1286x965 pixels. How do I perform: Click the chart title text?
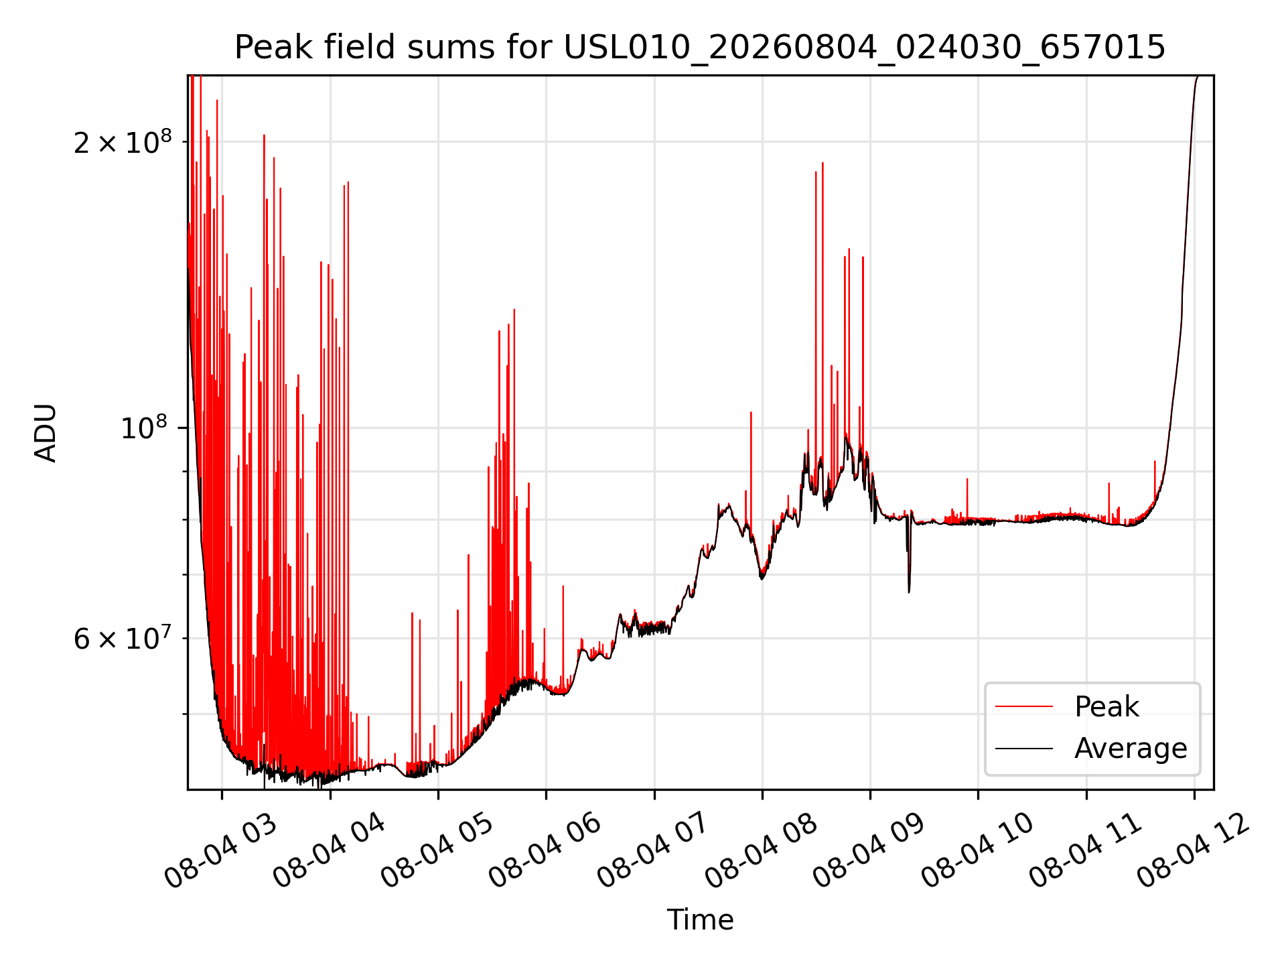[x=700, y=48]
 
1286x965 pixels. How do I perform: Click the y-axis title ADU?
[x=46, y=432]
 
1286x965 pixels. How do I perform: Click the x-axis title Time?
[x=700, y=919]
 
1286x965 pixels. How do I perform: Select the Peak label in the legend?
[x=1106, y=706]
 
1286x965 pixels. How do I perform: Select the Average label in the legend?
[x=1131, y=748]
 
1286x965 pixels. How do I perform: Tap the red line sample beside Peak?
[x=1024, y=706]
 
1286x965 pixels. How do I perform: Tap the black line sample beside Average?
[x=1024, y=748]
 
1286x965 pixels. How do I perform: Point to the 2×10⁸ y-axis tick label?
[x=123, y=142]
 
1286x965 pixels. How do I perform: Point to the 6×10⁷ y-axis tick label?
[x=123, y=638]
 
